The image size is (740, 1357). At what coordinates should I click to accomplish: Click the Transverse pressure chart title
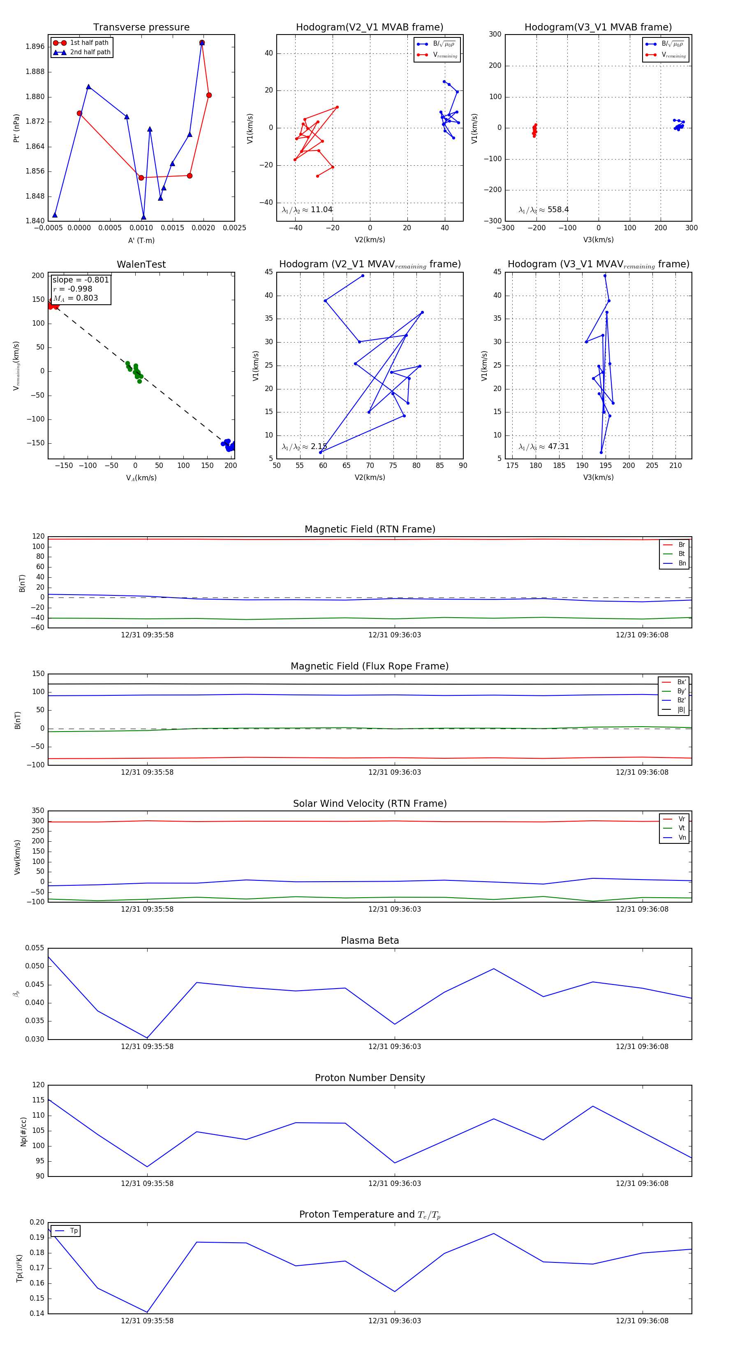coord(141,28)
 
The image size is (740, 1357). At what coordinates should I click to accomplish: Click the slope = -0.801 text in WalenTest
coord(81,280)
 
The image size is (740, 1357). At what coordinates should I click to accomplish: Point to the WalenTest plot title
coord(141,264)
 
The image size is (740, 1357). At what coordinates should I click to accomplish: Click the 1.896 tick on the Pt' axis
coord(35,46)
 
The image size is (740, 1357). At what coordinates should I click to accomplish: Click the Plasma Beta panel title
coord(370,940)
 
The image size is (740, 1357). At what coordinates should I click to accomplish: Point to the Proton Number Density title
coord(370,1078)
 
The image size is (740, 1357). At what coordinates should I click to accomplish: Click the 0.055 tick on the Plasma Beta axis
coord(35,948)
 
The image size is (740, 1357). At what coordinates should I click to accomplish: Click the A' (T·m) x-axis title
coord(141,240)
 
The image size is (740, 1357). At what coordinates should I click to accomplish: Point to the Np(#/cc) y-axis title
coord(23,1131)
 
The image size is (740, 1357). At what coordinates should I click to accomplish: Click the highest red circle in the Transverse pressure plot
coord(202,43)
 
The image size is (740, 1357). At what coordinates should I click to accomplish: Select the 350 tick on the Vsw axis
coord(38,811)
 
